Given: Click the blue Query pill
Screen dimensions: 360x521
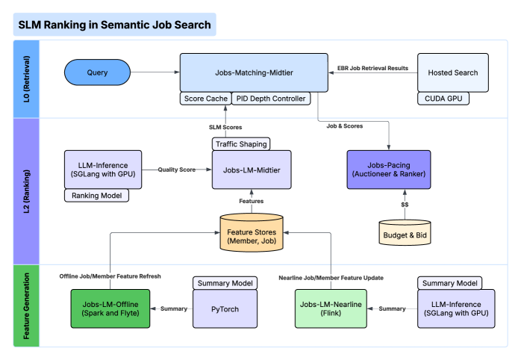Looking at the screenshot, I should (97, 72).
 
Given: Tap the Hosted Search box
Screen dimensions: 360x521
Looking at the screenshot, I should (453, 72).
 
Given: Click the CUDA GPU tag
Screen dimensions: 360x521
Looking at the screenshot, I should (443, 99).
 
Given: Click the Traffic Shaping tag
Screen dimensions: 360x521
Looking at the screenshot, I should (240, 143).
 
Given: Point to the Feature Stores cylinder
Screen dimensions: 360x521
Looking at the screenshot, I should (252, 232).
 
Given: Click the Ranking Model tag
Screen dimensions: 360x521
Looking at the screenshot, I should (96, 196).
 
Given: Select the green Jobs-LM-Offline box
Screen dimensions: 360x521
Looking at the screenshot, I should (110, 308).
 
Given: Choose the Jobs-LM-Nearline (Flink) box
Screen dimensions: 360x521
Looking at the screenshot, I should (331, 308).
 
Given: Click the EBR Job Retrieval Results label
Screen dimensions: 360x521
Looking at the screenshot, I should (372, 68).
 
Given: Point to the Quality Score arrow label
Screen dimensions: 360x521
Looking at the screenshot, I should (177, 169).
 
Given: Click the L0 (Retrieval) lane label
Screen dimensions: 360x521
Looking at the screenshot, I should (25, 78).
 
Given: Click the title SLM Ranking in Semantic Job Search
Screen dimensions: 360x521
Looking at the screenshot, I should (114, 25).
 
